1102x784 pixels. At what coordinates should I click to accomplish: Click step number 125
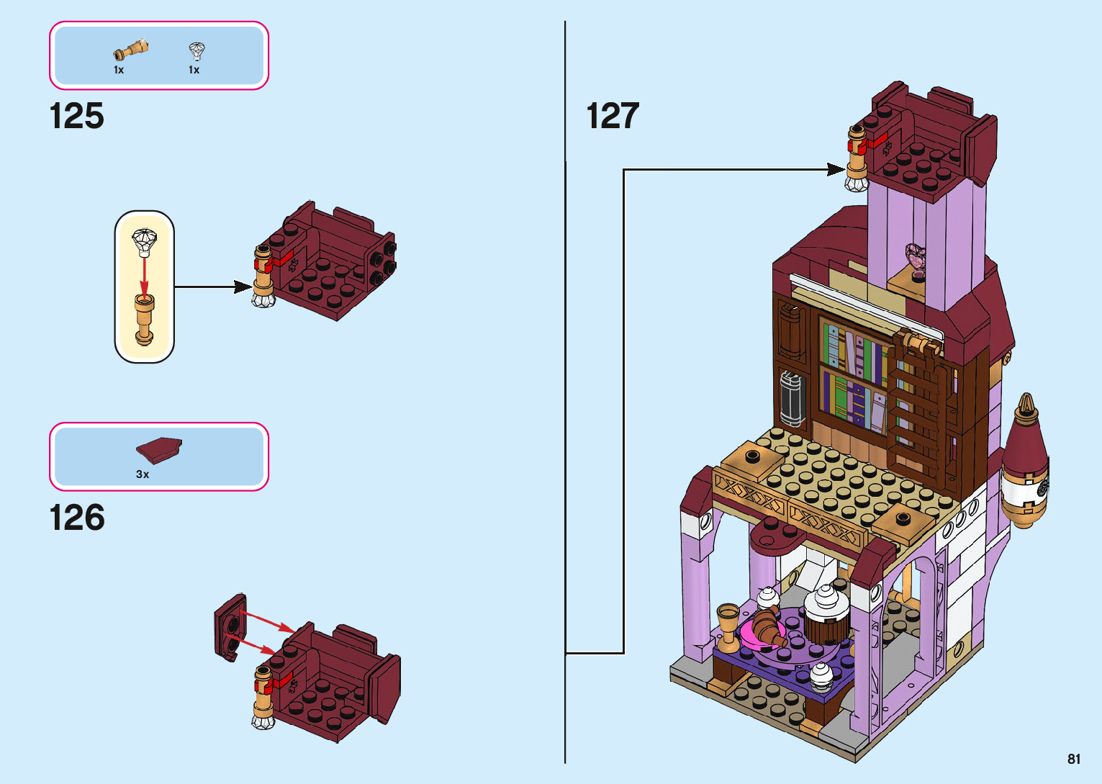[77, 117]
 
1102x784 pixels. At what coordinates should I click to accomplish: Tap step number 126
[77, 518]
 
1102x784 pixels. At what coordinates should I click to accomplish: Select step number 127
[613, 117]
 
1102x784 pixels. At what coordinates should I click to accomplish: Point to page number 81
[1074, 759]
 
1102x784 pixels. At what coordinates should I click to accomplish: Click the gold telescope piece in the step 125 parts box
[131, 51]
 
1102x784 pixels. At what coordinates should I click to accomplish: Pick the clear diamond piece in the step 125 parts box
[197, 51]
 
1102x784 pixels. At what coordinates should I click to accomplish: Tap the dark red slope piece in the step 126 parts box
[159, 451]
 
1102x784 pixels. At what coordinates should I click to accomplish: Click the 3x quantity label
[143, 474]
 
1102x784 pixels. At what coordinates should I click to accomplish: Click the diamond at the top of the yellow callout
[145, 240]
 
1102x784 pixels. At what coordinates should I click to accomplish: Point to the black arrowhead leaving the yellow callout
[243, 287]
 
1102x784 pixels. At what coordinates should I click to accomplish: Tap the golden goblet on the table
[728, 623]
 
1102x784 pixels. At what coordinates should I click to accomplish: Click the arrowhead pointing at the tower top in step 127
[836, 170]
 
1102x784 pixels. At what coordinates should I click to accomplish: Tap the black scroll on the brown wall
[791, 400]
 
